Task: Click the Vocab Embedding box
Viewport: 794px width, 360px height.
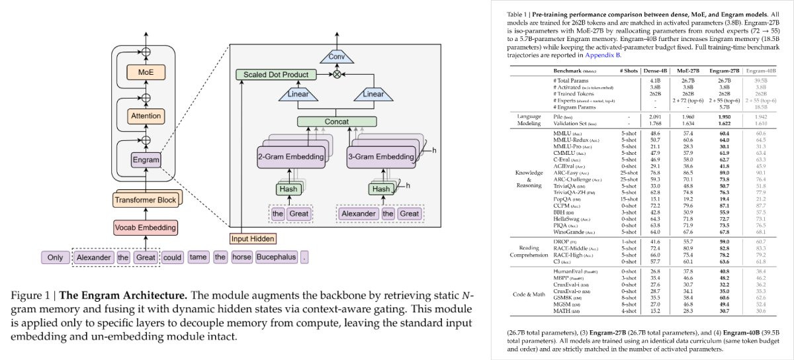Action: (146, 228)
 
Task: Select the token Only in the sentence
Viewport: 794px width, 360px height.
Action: (55, 257)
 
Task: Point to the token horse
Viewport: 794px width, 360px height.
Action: (240, 257)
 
